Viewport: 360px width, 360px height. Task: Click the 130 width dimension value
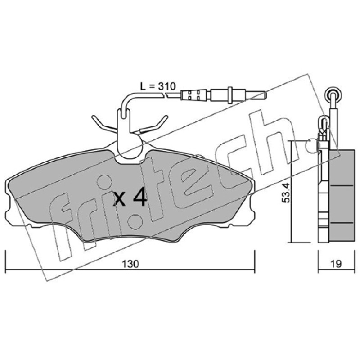pyautogui.click(x=130, y=264)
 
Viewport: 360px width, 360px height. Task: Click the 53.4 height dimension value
pyautogui.click(x=286, y=193)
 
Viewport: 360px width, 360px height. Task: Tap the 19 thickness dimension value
pyautogui.click(x=336, y=264)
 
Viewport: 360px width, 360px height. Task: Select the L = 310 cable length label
pyautogui.click(x=158, y=86)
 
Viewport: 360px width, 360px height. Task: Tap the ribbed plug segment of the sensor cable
pyautogui.click(x=195, y=95)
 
